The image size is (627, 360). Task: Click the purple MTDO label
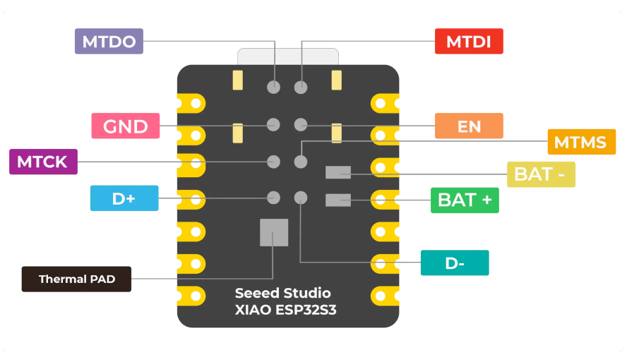click(x=109, y=41)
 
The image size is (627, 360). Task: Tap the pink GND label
click(x=126, y=126)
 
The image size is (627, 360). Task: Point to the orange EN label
click(x=469, y=126)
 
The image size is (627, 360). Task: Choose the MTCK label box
click(x=42, y=162)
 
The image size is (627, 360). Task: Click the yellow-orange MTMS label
click(x=580, y=142)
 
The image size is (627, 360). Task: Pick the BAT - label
click(x=541, y=174)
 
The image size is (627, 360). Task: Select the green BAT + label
click(x=465, y=200)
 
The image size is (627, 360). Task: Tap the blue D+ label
click(x=124, y=198)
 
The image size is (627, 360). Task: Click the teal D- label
click(x=455, y=263)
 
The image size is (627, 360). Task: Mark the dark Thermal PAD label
click(x=76, y=279)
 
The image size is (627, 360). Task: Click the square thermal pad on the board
click(x=274, y=232)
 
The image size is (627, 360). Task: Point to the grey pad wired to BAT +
click(x=338, y=200)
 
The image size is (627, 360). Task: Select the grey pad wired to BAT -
click(x=338, y=172)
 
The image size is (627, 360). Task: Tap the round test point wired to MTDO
click(x=273, y=88)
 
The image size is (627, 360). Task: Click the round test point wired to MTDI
click(x=301, y=88)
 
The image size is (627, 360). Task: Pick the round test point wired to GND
click(x=273, y=125)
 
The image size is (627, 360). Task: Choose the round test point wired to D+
click(x=273, y=198)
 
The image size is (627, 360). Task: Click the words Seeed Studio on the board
click(x=282, y=293)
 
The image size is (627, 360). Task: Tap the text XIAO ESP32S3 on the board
click(x=285, y=311)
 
